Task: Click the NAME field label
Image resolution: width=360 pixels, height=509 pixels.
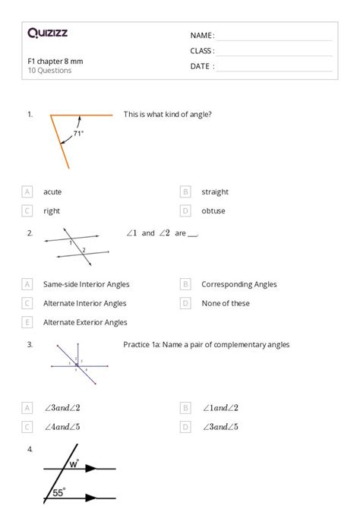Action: pos(202,36)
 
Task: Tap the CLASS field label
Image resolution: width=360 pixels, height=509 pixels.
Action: pos(202,51)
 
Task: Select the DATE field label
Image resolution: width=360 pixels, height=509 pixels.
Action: pos(202,66)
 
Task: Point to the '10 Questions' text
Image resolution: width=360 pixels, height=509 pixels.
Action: pos(49,71)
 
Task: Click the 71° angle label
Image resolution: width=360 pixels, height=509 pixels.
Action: pos(78,133)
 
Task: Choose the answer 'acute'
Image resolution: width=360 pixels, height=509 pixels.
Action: pos(52,192)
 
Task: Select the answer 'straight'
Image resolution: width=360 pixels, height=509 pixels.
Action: pos(215,192)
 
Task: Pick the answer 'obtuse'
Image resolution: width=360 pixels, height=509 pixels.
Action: pos(213,210)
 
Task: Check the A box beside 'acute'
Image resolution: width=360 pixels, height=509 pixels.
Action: pos(28,192)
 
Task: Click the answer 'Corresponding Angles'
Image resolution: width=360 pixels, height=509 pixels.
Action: pos(238,285)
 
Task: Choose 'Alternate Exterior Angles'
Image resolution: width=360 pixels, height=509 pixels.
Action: pos(85,322)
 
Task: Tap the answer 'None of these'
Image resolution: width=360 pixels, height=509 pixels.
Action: pos(226,303)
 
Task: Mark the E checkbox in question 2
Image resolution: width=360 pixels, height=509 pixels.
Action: pos(28,322)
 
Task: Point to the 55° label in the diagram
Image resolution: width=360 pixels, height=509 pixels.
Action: pos(58,493)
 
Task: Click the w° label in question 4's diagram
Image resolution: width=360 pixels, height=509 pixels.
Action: pos(73,462)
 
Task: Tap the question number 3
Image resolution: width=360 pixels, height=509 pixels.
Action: pos(30,344)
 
